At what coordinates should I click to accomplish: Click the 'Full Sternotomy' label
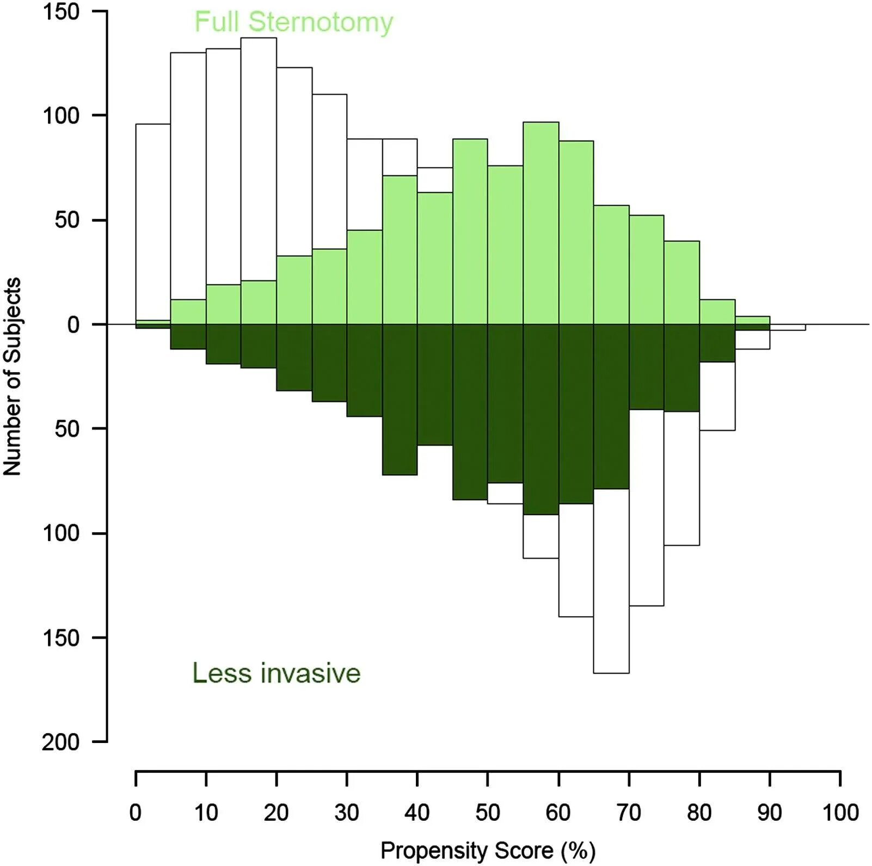click(x=293, y=22)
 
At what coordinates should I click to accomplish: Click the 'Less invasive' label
click(x=276, y=673)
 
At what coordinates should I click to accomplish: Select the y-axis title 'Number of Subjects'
click(x=12, y=377)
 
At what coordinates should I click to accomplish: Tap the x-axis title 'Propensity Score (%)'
click(x=488, y=850)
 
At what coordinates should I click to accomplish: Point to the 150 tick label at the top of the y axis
click(x=61, y=11)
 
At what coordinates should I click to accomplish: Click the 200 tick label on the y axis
click(x=61, y=741)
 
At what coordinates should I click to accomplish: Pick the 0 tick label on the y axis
click(x=73, y=325)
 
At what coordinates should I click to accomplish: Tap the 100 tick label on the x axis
click(x=840, y=813)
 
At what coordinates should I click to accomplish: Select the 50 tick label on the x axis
click(x=488, y=813)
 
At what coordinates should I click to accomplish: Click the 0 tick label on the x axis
click(x=136, y=813)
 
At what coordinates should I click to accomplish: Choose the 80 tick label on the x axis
click(x=699, y=813)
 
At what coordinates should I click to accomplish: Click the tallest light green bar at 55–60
click(x=541, y=223)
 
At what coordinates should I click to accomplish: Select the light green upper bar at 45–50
click(x=470, y=231)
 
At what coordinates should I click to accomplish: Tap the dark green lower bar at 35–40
click(x=400, y=400)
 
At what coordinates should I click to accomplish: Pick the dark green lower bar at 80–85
click(x=717, y=343)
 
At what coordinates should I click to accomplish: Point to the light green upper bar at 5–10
click(x=188, y=312)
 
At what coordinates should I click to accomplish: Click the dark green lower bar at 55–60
click(x=541, y=419)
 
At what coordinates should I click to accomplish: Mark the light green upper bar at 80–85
click(x=717, y=312)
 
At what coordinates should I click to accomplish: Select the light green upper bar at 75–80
click(x=681, y=282)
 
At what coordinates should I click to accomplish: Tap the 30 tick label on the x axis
click(x=347, y=813)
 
